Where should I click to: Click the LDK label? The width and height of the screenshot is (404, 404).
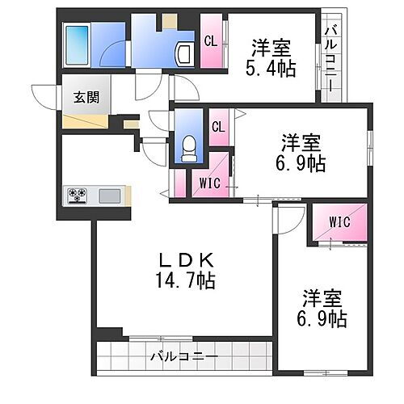point(185,260)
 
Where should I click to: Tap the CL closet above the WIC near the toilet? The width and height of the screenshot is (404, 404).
point(218,126)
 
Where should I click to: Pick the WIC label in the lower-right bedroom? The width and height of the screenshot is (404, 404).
point(339,221)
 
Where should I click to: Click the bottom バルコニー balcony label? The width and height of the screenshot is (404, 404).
point(183,356)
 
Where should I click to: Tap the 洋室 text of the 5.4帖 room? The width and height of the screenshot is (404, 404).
point(269,45)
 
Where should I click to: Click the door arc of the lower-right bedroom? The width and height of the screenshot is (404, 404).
point(287,218)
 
